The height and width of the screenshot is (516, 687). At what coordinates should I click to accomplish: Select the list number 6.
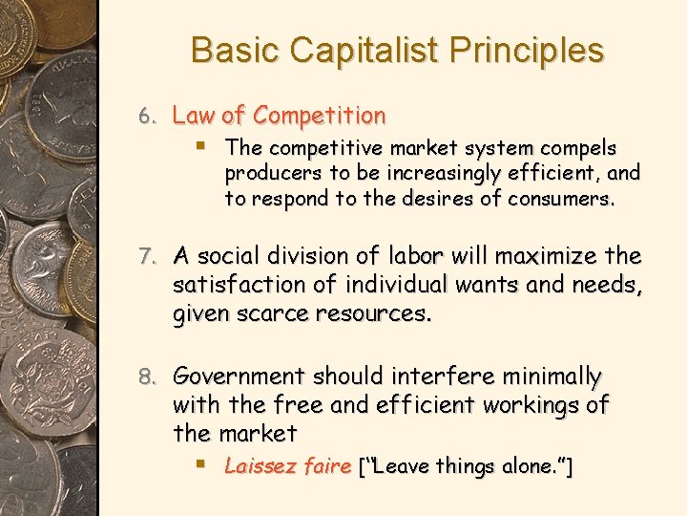tap(145, 117)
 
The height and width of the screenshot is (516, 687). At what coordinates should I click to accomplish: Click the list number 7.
tap(146, 257)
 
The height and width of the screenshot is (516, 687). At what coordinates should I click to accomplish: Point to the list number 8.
tap(146, 376)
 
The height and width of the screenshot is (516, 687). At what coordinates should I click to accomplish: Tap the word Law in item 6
tap(194, 117)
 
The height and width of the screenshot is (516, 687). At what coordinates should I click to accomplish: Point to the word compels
tap(579, 148)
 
